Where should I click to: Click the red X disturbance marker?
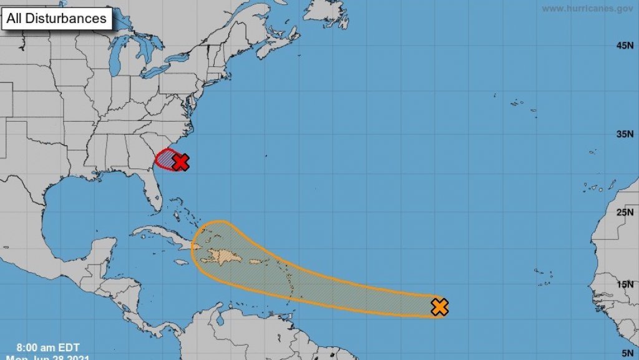[x=180, y=163]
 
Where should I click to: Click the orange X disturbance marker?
[x=440, y=307]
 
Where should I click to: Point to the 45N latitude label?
[x=625, y=46]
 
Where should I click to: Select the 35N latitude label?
[x=625, y=134]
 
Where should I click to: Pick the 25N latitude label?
[x=625, y=213]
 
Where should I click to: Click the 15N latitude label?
[x=625, y=285]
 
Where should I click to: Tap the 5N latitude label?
[x=627, y=353]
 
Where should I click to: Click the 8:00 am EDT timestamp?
[x=48, y=347]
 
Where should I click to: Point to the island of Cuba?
[x=162, y=236]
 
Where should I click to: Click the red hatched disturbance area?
[x=164, y=158]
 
